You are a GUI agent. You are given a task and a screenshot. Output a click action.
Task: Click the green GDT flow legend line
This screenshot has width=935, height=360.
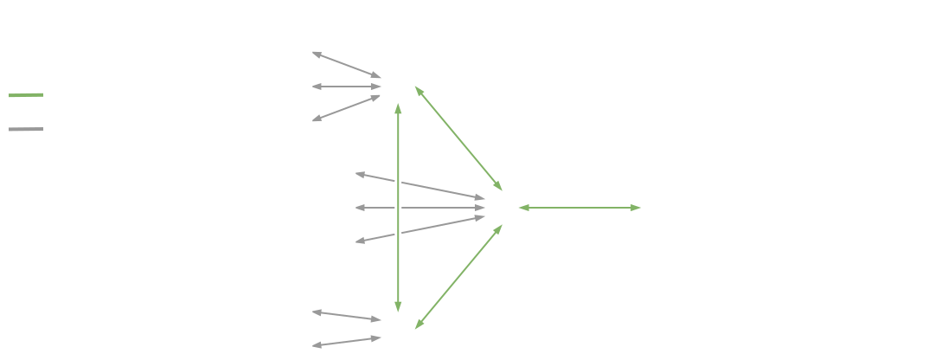click(x=26, y=95)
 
